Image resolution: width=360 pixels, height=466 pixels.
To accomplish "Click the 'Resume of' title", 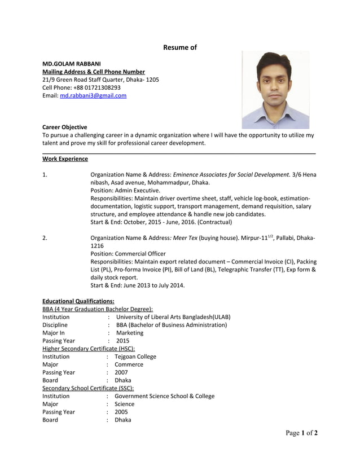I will (x=179, y=47).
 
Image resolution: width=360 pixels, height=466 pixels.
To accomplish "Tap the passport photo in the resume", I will (x=275, y=90).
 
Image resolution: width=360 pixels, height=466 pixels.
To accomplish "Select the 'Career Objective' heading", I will (x=65, y=128).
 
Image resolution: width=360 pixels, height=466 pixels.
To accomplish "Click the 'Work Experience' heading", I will (x=65, y=159).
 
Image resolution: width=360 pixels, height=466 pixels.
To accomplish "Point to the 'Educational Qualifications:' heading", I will (x=78, y=301).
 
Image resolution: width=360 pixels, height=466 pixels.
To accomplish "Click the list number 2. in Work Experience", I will (x=45, y=238).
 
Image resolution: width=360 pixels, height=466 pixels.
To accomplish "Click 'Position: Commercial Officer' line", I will (x=128, y=254).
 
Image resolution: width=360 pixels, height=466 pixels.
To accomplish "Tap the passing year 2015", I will (x=122, y=341).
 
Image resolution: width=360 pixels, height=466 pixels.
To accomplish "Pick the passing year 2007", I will (x=121, y=372).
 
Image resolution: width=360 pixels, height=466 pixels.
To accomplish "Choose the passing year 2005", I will (x=121, y=412).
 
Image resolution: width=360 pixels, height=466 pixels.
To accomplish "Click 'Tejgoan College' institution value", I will (x=135, y=357).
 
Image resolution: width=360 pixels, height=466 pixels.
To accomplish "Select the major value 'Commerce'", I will (x=129, y=364).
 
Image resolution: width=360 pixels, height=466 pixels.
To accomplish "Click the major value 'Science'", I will (x=124, y=404).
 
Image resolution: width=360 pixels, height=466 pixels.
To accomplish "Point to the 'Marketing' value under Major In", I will (x=129, y=333).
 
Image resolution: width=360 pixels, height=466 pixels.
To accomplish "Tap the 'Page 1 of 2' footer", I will (x=301, y=433).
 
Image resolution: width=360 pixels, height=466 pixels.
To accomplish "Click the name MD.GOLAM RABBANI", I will (x=72, y=64).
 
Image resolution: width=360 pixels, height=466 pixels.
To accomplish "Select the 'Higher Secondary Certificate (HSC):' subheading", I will (x=89, y=349).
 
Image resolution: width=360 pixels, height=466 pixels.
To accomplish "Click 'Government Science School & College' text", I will (x=164, y=396).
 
